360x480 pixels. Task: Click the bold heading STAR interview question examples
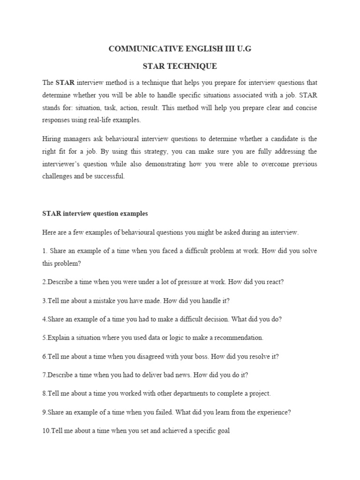(x=95, y=213)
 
